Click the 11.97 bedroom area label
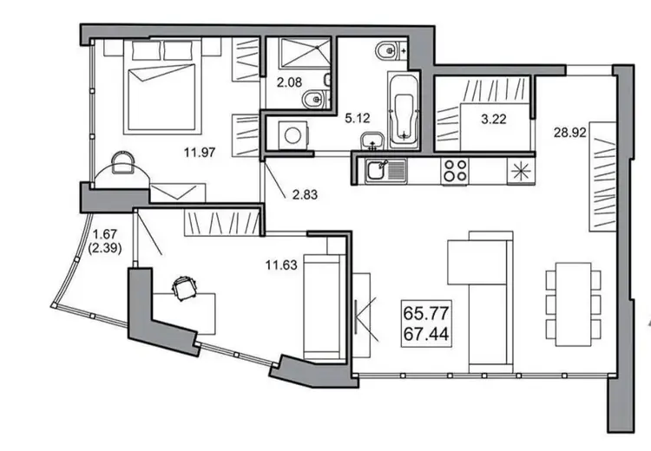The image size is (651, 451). pyautogui.click(x=200, y=153)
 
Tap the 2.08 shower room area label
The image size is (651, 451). pyautogui.click(x=289, y=82)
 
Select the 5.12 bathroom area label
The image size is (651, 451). pyautogui.click(x=358, y=119)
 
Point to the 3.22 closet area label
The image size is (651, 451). pyautogui.click(x=494, y=120)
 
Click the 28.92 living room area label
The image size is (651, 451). pyautogui.click(x=570, y=133)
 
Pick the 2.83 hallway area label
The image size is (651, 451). pyautogui.click(x=305, y=194)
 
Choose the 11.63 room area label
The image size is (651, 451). pyautogui.click(x=281, y=265)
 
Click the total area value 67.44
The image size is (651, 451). pyautogui.click(x=426, y=334)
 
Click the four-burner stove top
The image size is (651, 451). pyautogui.click(x=455, y=171)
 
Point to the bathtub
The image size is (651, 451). pyautogui.click(x=404, y=111)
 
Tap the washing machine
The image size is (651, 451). pyautogui.click(x=294, y=135)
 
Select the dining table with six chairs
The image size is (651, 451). pyautogui.click(x=574, y=304)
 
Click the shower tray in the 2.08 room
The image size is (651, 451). pyautogui.click(x=306, y=52)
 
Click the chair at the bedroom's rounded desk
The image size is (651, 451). pyautogui.click(x=123, y=163)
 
